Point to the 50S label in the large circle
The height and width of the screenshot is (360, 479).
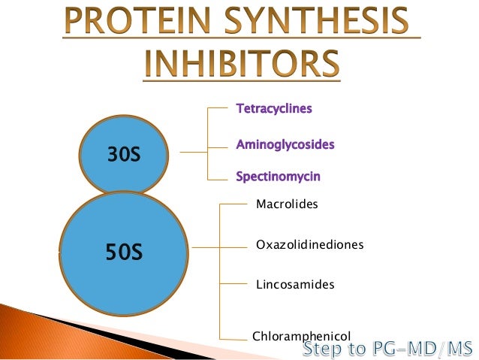coord(123,252)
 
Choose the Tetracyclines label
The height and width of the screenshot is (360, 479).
coord(274,109)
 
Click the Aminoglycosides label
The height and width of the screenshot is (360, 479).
coord(285,144)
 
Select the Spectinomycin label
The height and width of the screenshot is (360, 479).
coord(278,177)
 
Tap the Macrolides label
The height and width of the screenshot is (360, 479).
coord(288,204)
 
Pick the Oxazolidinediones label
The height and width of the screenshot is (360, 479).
coord(309,245)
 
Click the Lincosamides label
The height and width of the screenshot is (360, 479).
coord(295,285)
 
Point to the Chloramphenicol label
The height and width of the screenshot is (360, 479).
coord(301,337)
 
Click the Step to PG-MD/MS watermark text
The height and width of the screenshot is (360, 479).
coord(387,349)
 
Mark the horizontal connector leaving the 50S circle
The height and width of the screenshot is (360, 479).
coord(206,247)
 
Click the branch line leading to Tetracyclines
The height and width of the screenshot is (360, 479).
coord(218,108)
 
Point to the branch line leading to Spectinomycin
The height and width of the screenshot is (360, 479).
coord(218,179)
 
